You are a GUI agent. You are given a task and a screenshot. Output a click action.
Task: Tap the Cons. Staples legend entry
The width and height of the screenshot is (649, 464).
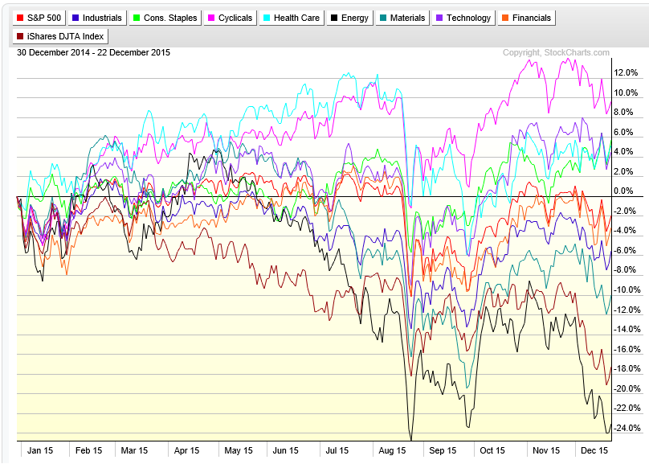(x=164, y=18)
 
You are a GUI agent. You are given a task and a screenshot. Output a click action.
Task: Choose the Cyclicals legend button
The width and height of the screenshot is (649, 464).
(x=230, y=18)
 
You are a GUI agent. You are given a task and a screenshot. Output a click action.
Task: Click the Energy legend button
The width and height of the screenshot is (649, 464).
(x=350, y=18)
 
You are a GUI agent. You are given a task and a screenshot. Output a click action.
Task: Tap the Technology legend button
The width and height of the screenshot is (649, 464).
(x=463, y=18)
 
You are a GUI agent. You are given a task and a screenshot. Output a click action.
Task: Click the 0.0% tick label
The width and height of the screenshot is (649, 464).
(x=623, y=191)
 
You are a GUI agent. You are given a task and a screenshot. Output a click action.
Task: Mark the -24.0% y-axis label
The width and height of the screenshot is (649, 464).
(x=627, y=428)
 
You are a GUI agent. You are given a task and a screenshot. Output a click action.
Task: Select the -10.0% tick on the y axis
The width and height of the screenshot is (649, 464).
(x=627, y=289)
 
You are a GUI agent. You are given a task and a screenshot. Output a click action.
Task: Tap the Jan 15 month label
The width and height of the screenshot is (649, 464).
(x=40, y=450)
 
